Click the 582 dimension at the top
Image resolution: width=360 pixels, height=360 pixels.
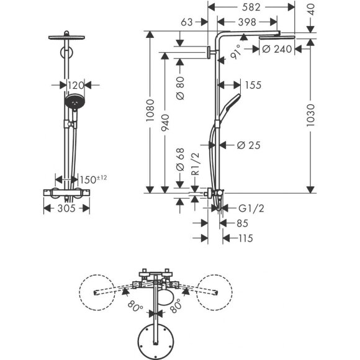tap(251, 7)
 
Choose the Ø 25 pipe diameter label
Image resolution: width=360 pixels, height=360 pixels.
tap(248, 145)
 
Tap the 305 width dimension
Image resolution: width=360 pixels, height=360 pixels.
tap(65, 209)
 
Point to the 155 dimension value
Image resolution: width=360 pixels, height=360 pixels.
tap(253, 84)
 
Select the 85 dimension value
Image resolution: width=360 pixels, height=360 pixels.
tap(240, 222)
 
